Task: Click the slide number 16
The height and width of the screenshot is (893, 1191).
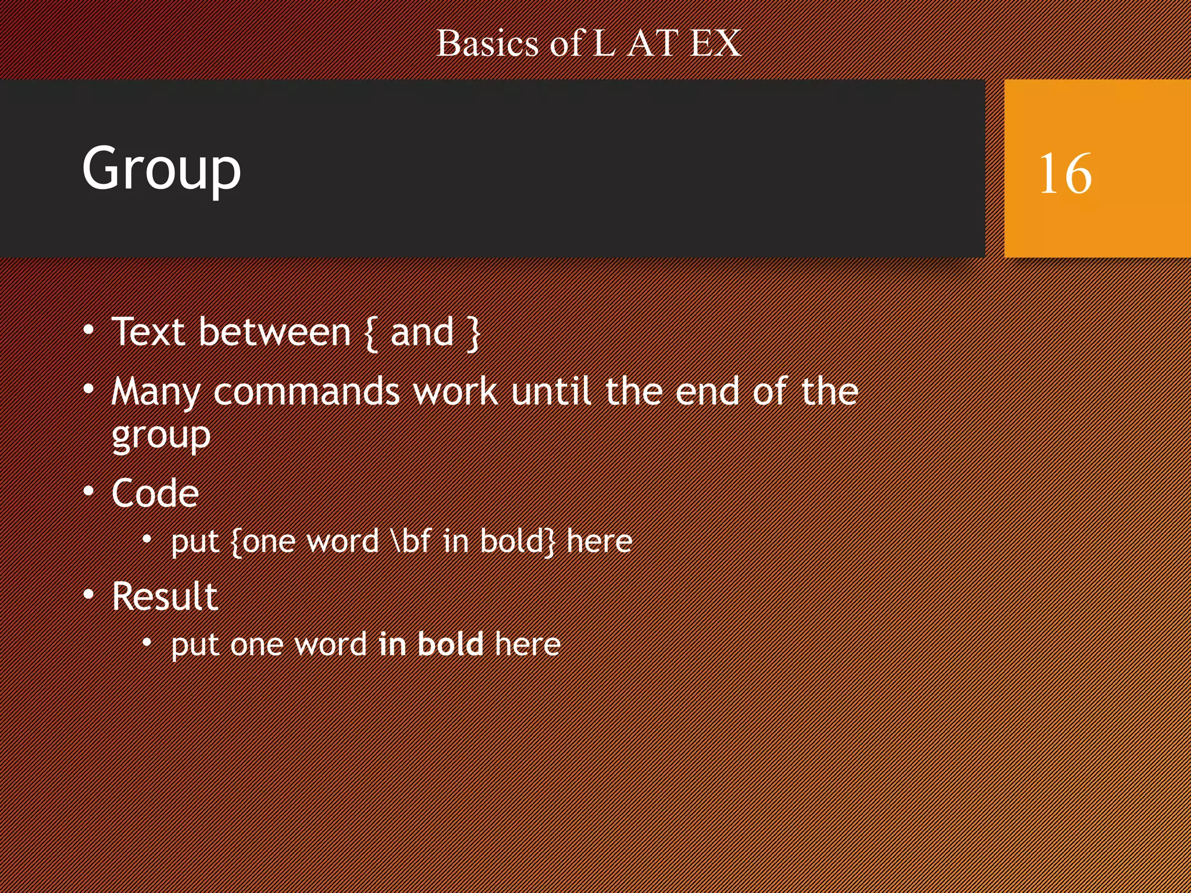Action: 1065,173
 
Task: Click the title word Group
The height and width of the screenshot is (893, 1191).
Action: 161,169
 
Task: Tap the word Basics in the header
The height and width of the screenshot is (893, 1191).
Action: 487,44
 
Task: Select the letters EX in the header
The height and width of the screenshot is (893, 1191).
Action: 715,44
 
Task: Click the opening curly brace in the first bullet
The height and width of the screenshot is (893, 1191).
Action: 370,333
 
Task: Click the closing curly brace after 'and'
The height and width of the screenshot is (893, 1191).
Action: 474,333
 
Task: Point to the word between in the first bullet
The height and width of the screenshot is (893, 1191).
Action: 274,333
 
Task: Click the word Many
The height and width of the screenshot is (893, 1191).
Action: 156,392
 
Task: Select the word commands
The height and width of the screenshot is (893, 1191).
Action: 306,392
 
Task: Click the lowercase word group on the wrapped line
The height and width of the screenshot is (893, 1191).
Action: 161,436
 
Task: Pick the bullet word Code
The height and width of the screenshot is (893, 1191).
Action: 155,494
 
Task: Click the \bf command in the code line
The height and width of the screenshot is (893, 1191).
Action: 412,541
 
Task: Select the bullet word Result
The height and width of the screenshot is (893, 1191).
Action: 165,596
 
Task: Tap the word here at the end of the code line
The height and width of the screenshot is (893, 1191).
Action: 599,541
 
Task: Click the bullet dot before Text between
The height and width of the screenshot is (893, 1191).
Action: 88,330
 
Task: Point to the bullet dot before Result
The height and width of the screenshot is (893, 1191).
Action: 88,595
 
